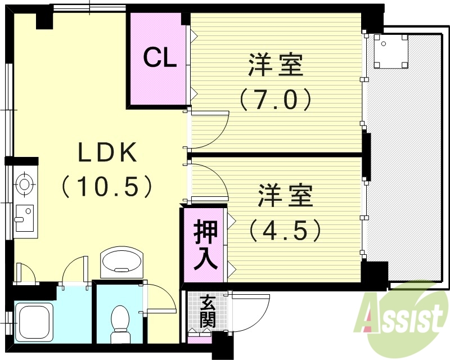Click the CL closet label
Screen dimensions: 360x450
pos(160,58)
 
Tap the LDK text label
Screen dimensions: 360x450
pos(107,153)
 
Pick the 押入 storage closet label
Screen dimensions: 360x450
pos(205,245)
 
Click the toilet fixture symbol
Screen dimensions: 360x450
pos(120,323)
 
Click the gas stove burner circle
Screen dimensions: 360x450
pos(24,183)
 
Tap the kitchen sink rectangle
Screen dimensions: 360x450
pos(24,217)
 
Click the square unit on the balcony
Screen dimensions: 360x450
pos(389,50)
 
